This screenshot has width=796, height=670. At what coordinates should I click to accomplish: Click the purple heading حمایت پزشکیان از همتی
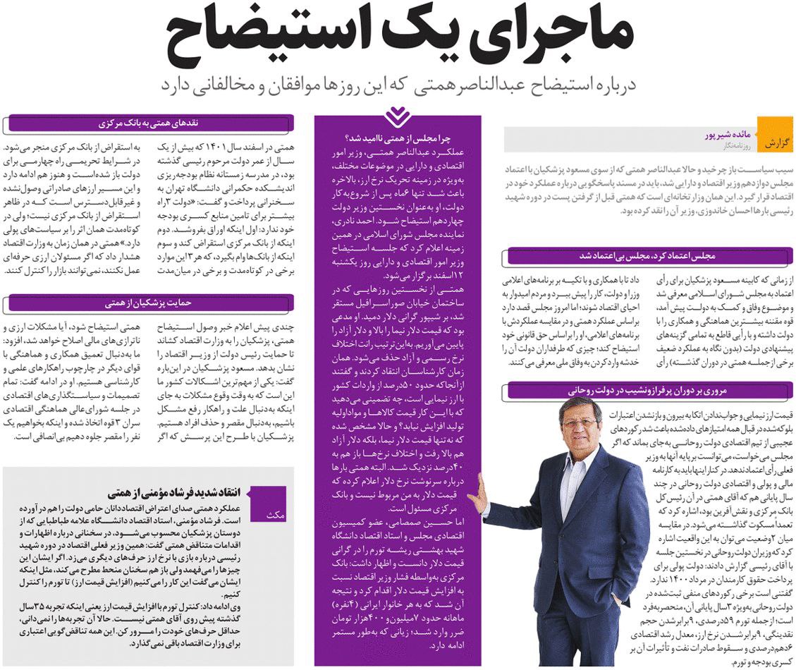click(148, 304)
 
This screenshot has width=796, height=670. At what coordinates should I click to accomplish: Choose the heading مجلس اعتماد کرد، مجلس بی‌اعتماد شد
click(649, 256)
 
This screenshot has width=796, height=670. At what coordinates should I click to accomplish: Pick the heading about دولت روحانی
click(649, 389)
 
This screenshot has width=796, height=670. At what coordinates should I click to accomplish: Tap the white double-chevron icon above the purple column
click(398, 116)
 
